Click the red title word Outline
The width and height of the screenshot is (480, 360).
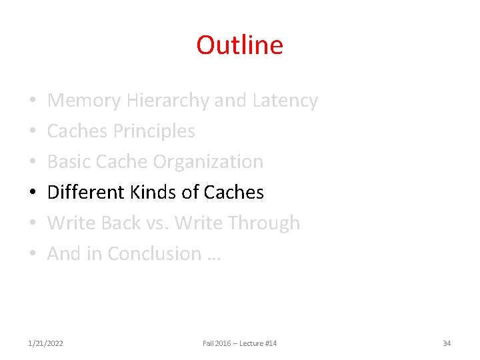pyautogui.click(x=239, y=45)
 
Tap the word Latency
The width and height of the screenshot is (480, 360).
pyautogui.click(x=285, y=101)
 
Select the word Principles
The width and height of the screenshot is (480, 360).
pyautogui.click(x=153, y=131)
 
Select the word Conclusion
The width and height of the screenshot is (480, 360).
pyautogui.click(x=154, y=254)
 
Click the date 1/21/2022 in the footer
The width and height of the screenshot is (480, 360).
pyautogui.click(x=46, y=343)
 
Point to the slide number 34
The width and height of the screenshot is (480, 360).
pyautogui.click(x=447, y=343)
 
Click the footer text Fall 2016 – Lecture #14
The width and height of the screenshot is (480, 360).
pyautogui.click(x=240, y=343)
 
